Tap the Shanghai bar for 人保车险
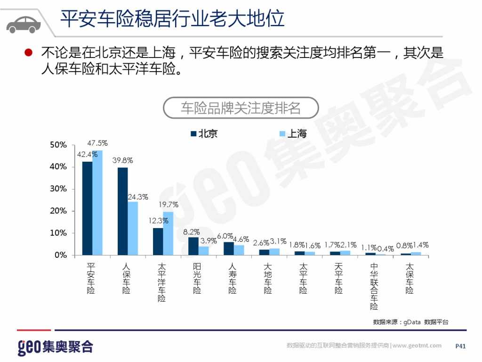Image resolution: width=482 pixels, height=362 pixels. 133,228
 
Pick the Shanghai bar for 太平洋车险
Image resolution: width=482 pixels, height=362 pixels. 168,233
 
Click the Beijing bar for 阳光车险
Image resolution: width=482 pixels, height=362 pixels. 193,246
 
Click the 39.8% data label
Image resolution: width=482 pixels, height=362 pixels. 122,160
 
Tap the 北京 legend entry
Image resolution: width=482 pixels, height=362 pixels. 204,134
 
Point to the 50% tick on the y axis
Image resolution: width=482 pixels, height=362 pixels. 59,145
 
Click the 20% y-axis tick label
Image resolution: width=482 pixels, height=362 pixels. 59,211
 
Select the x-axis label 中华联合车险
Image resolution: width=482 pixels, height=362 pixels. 374,286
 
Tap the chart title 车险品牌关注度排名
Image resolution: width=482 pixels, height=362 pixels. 241,108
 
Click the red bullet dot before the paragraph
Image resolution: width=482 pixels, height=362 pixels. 29,52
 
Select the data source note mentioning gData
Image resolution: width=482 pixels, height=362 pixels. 410,322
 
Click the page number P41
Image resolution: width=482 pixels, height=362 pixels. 460,346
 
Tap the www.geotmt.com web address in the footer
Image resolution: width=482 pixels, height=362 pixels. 417,346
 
